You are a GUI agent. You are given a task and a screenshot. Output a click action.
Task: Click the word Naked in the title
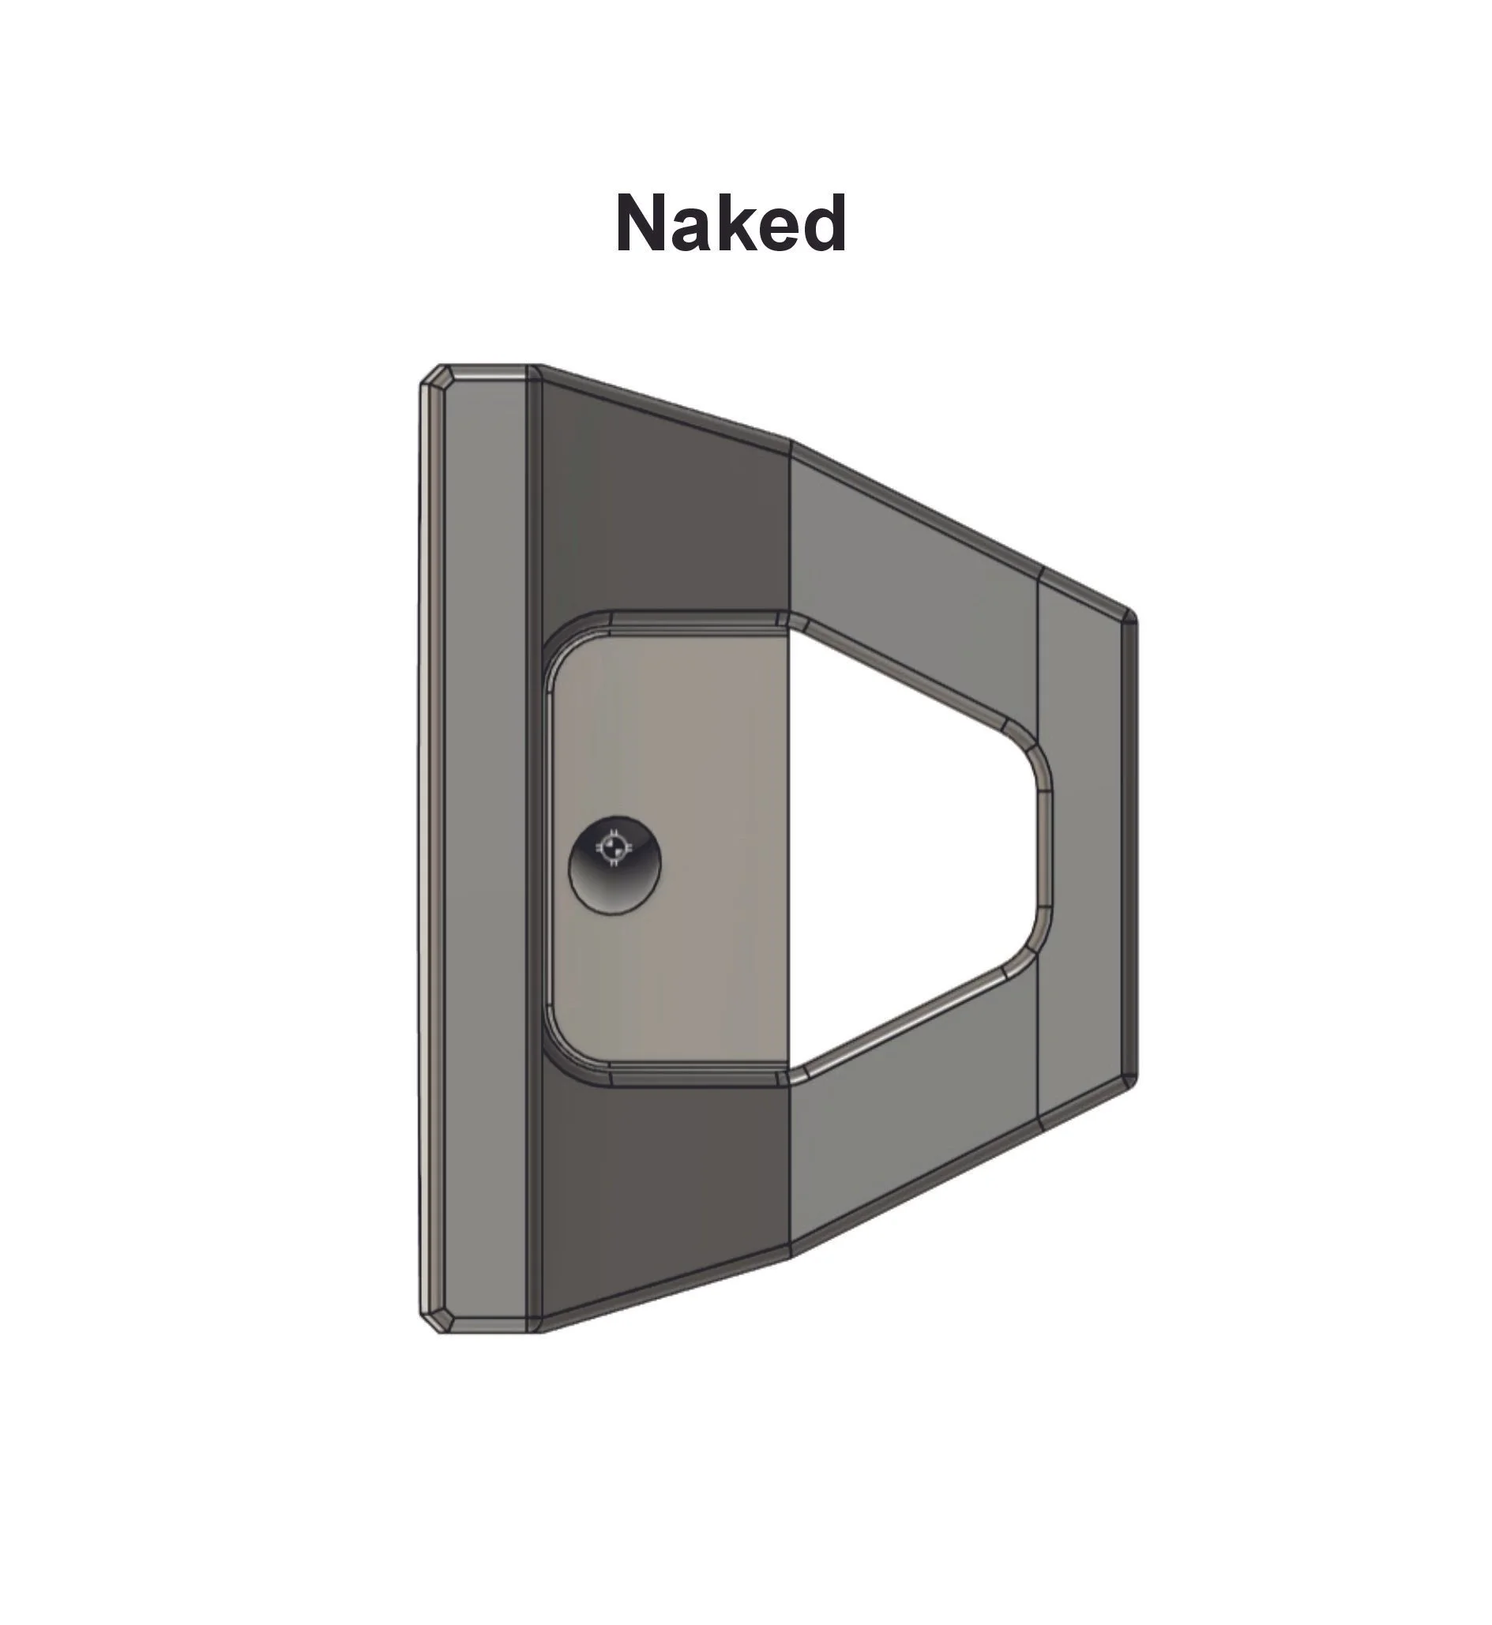coord(731,223)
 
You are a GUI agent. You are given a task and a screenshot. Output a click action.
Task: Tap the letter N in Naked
coord(642,223)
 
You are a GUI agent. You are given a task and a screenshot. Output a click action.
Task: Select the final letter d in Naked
coord(825,223)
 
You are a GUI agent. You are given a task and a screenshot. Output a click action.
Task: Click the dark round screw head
coord(614,865)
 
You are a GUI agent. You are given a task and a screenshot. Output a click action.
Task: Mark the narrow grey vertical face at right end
coord(1080,847)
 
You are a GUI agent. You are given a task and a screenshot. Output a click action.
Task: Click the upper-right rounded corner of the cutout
coord(1034,752)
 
